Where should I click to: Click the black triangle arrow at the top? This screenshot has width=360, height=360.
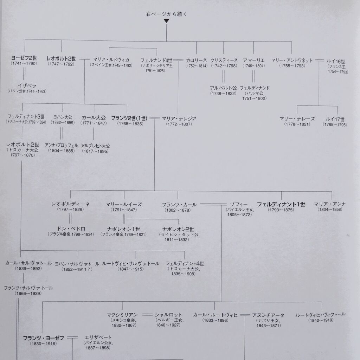[166, 21]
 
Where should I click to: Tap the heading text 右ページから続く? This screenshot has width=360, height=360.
[166, 14]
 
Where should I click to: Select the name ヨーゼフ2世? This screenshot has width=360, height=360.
[24, 58]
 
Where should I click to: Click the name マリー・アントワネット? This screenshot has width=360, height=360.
[292, 60]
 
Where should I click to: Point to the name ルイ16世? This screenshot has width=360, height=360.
[336, 61]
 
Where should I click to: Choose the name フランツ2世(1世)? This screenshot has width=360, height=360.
[129, 118]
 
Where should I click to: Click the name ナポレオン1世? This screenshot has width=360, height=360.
[123, 229]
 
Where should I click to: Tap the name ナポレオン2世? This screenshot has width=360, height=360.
[178, 229]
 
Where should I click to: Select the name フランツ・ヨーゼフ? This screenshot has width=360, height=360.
[43, 338]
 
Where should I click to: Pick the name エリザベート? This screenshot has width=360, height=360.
[98, 337]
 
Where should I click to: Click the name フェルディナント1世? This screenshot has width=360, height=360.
[281, 204]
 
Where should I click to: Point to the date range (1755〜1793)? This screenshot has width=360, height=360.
[292, 66]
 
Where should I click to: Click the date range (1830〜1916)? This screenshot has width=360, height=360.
[43, 344]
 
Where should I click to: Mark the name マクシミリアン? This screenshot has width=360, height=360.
[122, 315]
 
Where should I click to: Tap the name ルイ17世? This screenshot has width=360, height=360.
[335, 119]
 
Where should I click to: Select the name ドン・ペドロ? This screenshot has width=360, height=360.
[71, 229]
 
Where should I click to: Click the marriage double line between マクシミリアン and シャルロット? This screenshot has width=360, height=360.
[147, 315]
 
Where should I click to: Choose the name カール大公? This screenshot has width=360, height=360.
[94, 117]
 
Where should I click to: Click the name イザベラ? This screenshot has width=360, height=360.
[27, 86]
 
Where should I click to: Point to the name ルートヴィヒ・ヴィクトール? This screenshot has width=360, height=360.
[320, 315]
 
